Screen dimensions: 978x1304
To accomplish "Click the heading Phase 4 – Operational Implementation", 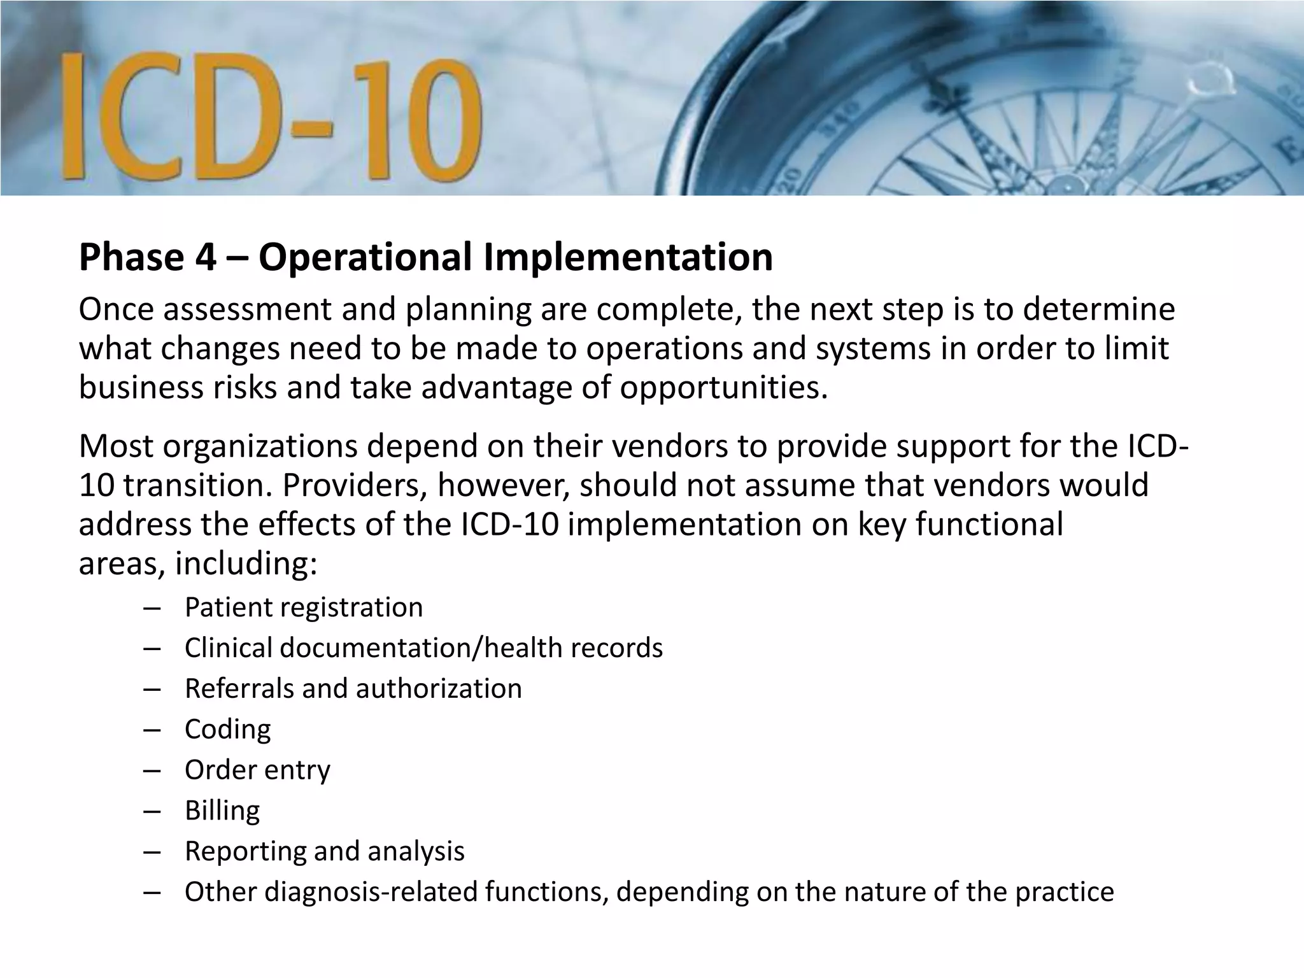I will click(x=425, y=257).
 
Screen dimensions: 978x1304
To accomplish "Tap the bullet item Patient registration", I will click(x=304, y=607).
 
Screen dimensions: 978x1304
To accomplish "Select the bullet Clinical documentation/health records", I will click(x=423, y=648).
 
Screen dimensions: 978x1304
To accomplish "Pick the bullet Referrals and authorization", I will click(x=353, y=689).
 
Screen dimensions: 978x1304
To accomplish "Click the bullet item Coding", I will click(x=227, y=730).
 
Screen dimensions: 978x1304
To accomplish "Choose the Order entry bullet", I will click(x=257, y=770).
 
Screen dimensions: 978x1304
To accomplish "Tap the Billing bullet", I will click(x=222, y=811).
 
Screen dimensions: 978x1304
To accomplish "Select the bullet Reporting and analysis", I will click(x=325, y=852).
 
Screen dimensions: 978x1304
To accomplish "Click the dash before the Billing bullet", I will click(x=152, y=811).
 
